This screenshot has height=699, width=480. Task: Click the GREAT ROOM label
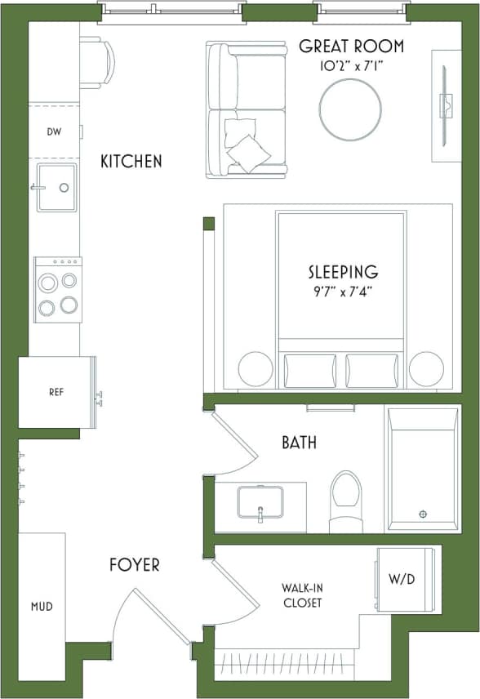pyautogui.click(x=351, y=46)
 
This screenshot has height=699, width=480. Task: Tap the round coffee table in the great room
pyautogui.click(x=349, y=109)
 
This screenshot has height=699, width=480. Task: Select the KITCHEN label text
pyautogui.click(x=131, y=162)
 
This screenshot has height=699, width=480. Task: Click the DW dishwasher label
pyautogui.click(x=54, y=131)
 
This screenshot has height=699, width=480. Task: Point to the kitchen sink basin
pyautogui.click(x=56, y=187)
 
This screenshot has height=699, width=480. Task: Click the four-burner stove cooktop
pyautogui.click(x=57, y=289)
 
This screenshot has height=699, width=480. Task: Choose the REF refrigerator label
pyautogui.click(x=56, y=392)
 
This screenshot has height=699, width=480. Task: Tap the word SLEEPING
pyautogui.click(x=343, y=271)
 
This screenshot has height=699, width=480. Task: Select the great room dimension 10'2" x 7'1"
pyautogui.click(x=351, y=65)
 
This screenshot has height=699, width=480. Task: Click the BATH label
pyautogui.click(x=299, y=443)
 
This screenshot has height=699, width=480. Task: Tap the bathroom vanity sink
pyautogui.click(x=260, y=501)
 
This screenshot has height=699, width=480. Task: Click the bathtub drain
pyautogui.click(x=423, y=514)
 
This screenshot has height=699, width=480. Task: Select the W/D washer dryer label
pyautogui.click(x=401, y=580)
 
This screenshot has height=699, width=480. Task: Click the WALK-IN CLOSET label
pyautogui.click(x=301, y=595)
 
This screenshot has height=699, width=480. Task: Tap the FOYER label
pyautogui.click(x=135, y=564)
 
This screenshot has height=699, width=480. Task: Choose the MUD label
pyautogui.click(x=42, y=607)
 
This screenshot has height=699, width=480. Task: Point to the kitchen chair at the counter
pyautogui.click(x=97, y=62)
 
